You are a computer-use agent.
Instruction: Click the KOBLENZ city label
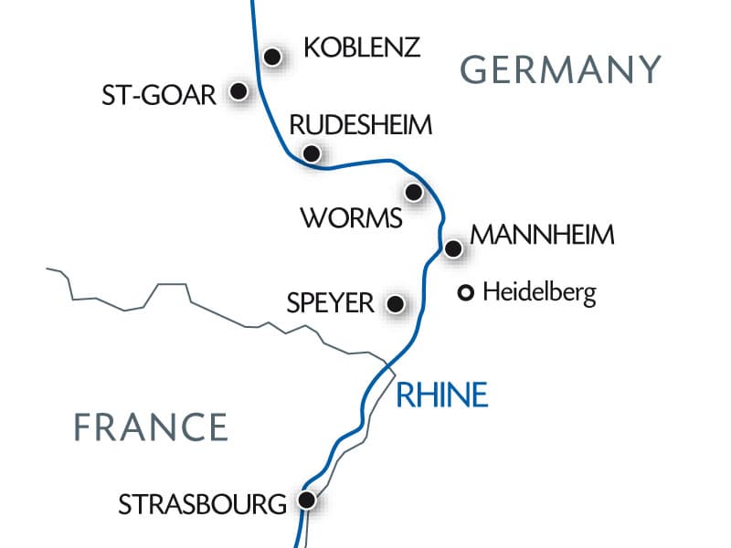(x=362, y=47)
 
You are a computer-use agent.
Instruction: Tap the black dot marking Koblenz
(x=271, y=57)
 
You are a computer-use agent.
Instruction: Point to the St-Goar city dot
(x=239, y=91)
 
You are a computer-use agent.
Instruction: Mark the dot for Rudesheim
(x=312, y=153)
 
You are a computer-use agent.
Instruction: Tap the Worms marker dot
(x=414, y=192)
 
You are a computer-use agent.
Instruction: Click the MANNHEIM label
(x=542, y=235)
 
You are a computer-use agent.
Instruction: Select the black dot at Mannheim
(x=452, y=248)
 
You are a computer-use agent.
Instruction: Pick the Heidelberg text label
(x=539, y=294)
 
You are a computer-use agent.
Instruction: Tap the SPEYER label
(x=330, y=303)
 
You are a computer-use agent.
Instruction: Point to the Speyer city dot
(x=396, y=304)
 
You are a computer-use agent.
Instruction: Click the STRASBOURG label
(x=203, y=503)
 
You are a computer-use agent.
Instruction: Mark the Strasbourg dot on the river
(x=308, y=500)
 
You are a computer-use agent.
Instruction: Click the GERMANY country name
(x=560, y=69)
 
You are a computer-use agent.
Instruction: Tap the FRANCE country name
(x=151, y=427)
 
